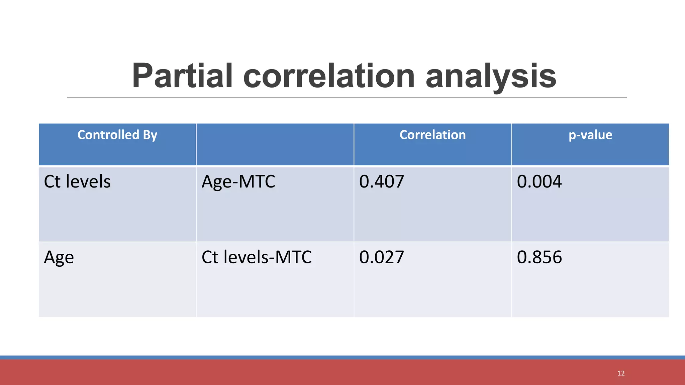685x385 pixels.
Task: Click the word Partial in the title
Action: (182, 76)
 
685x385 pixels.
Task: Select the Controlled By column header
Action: (117, 135)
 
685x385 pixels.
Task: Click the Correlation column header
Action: (432, 135)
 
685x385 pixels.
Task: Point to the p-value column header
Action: (590, 135)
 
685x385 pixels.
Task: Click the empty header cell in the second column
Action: (275, 144)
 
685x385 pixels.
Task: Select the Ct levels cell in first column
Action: (77, 182)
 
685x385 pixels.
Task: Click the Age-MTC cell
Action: (238, 182)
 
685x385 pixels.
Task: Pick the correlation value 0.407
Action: (382, 182)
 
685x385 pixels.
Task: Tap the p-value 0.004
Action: (539, 182)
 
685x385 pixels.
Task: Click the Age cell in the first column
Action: (59, 258)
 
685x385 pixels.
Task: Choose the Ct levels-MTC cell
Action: (257, 257)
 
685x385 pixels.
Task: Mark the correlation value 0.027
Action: (382, 257)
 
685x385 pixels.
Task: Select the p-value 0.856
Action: (539, 257)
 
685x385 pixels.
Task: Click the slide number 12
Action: (621, 373)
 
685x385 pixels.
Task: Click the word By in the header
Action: (150, 135)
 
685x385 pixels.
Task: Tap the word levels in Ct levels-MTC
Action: (246, 257)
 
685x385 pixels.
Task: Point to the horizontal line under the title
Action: (347, 98)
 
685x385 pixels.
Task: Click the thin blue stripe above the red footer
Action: (342, 357)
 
